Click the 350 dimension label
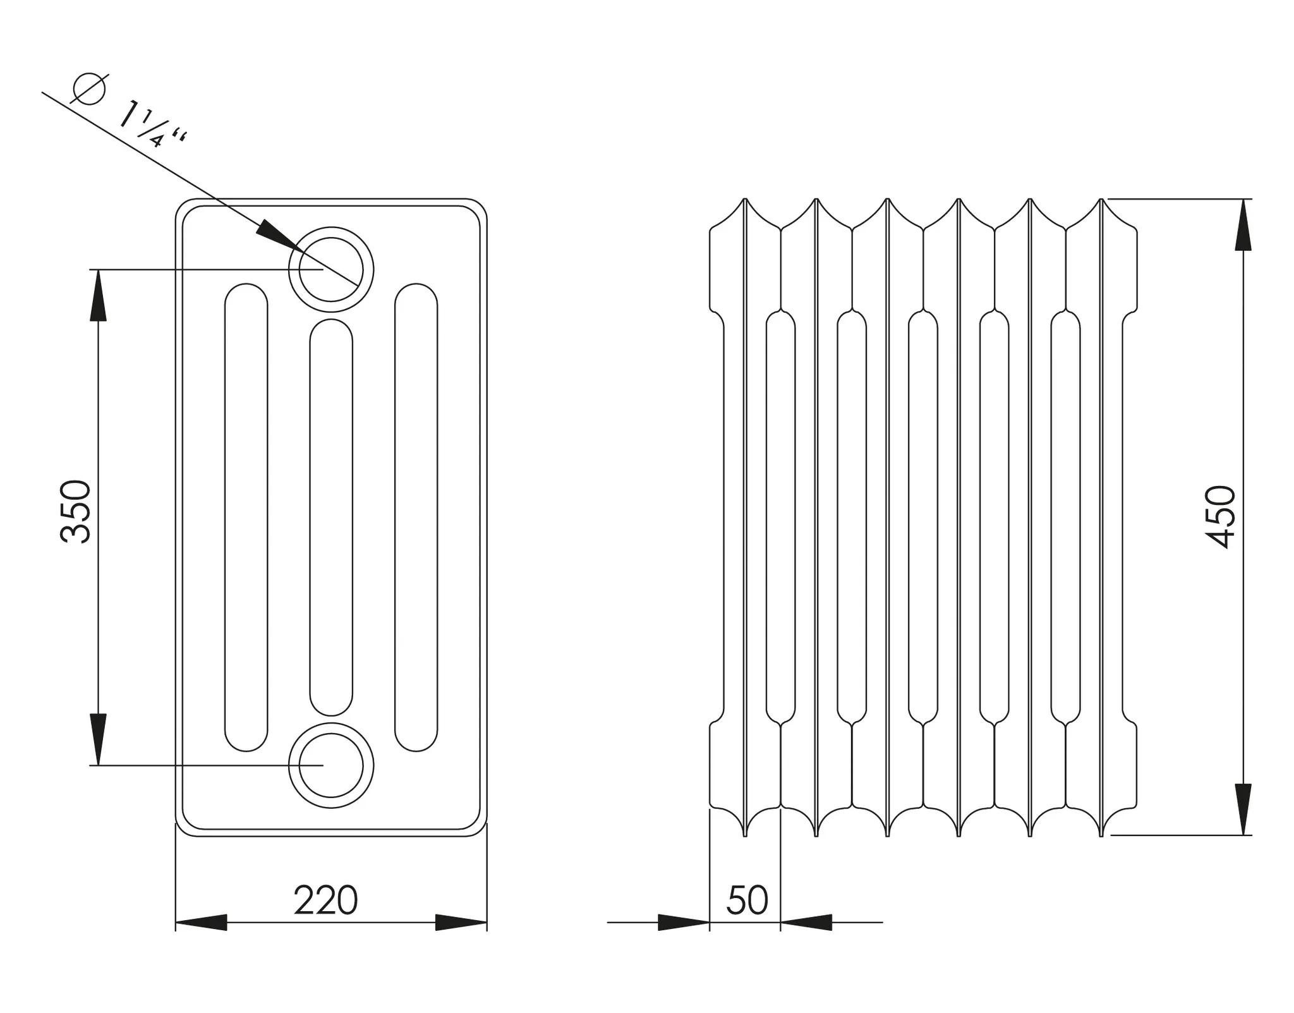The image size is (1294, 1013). point(76,512)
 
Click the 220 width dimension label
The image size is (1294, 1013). point(325,901)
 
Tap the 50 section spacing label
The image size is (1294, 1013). point(747,901)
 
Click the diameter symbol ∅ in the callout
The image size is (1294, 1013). point(89,88)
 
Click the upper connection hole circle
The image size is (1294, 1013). point(331,269)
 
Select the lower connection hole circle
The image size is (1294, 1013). point(331,765)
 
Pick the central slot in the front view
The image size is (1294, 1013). point(331,517)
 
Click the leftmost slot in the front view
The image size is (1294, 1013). point(246,517)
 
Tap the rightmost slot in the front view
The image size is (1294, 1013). point(416,517)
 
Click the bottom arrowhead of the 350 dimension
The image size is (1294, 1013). point(98,739)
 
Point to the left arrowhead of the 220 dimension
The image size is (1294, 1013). point(201,922)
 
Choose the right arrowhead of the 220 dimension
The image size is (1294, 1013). point(461,922)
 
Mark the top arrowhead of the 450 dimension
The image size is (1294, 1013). point(1243,225)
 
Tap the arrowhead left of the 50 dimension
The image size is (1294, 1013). point(684,922)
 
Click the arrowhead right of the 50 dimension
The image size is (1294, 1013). point(806,922)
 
